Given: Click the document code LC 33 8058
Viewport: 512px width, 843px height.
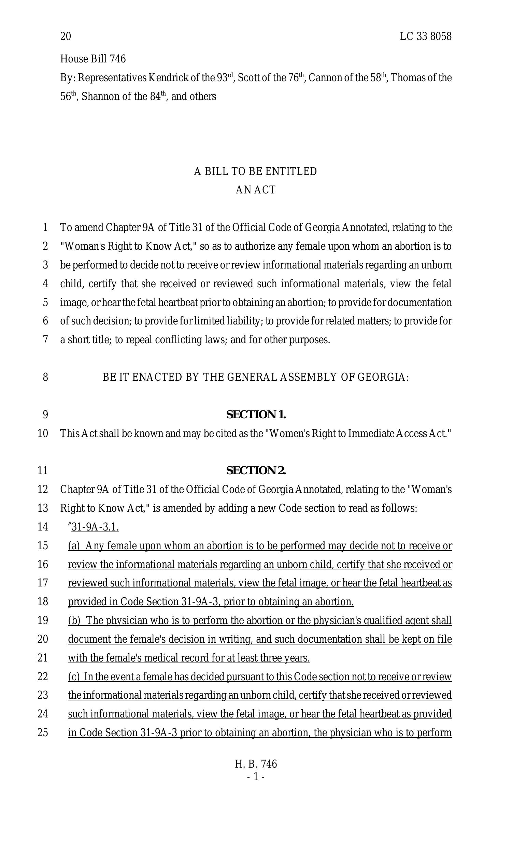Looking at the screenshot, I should [425, 36].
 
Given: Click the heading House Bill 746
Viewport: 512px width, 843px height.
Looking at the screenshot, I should [93, 59].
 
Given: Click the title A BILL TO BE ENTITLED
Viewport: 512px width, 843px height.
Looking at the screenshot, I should [256, 171].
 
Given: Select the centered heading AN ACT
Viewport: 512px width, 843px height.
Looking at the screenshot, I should [256, 190].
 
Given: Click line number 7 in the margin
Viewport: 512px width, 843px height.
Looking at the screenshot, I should [45, 340].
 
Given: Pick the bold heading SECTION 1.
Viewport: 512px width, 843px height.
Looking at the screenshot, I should [256, 415].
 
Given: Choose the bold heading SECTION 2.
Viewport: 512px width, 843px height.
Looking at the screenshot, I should [256, 471].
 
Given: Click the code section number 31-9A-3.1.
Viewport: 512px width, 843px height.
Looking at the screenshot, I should [95, 527].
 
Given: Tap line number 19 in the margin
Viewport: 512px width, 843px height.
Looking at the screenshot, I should [43, 620].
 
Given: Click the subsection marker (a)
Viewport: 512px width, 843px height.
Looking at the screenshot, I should [74, 546].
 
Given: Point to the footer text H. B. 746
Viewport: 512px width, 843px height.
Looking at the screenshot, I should [256, 764].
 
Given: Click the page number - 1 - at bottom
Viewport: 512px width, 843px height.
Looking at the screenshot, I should [256, 777].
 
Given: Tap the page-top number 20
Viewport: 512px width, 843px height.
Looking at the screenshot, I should [66, 36].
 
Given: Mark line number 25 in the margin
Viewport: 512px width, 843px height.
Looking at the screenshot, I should [43, 732].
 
